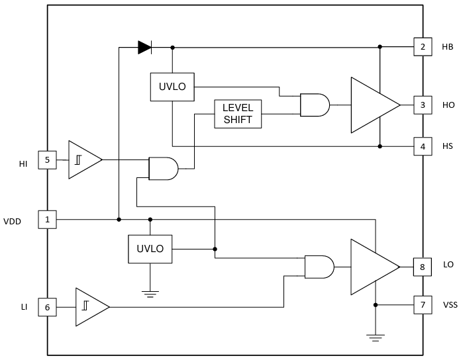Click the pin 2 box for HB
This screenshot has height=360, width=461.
[422, 47]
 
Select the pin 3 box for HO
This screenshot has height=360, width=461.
[422, 105]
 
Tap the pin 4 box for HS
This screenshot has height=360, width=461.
[422, 146]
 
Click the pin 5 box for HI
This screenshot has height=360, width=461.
[47, 159]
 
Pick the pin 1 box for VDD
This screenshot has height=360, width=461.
[47, 219]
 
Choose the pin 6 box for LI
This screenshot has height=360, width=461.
[47, 307]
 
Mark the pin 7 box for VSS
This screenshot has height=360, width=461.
[422, 305]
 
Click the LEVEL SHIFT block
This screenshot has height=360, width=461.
[238, 114]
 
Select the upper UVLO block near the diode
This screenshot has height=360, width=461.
[172, 87]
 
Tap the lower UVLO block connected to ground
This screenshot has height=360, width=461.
[150, 249]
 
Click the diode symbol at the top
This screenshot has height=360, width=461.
[144, 47]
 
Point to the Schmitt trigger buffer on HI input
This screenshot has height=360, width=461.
[83, 159]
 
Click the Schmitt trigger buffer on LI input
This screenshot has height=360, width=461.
[90, 306]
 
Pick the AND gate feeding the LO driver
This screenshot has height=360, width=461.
[319, 267]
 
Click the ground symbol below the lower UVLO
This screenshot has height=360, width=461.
[150, 293]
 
